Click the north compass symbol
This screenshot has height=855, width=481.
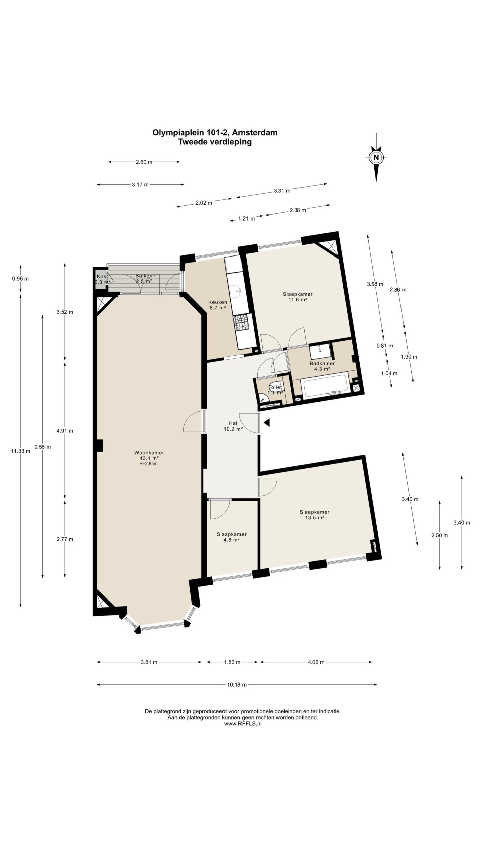point(376,157)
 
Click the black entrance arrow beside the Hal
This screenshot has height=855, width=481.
point(267,423)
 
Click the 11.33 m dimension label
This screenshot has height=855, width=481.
point(21,451)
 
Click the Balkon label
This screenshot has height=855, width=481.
point(144,276)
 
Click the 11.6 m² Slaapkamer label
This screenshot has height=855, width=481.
point(298,297)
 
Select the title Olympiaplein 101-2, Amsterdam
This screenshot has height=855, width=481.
point(215,132)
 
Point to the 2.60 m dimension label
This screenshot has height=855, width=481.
point(144,162)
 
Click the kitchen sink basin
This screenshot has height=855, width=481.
point(237,291)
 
